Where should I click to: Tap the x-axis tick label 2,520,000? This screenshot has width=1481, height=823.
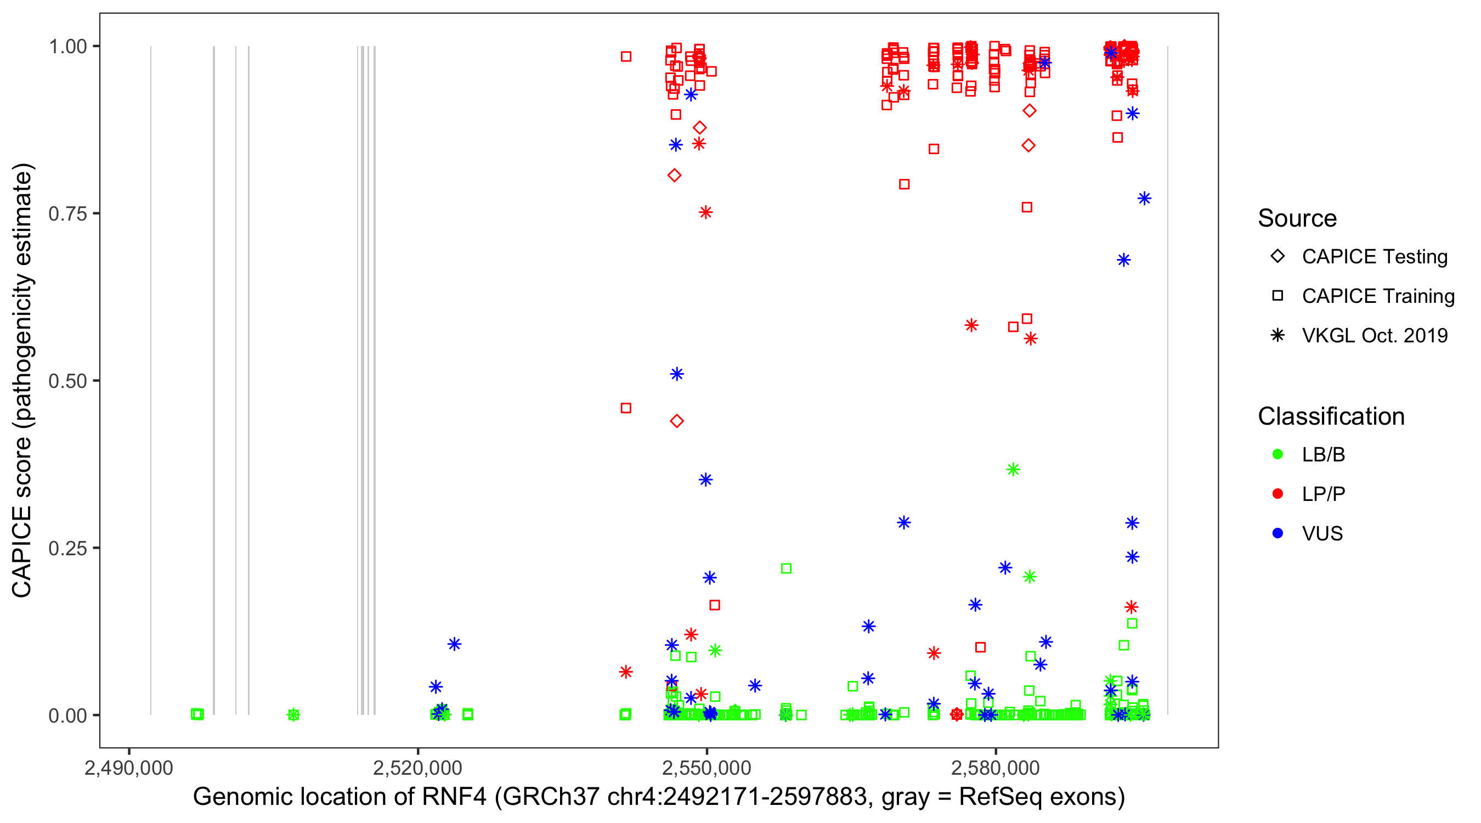pyautogui.click(x=417, y=768)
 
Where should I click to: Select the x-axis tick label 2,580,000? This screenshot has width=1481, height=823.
pyautogui.click(x=995, y=768)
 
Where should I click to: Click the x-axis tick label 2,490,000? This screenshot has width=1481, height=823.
pyautogui.click(x=129, y=768)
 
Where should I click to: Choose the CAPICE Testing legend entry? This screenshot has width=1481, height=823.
pyautogui.click(x=1374, y=257)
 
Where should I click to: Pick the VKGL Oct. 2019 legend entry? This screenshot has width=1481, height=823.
pyautogui.click(x=1374, y=335)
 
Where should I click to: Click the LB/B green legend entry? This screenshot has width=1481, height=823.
pyautogui.click(x=1323, y=454)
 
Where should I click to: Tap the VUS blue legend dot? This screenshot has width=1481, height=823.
pyautogui.click(x=1277, y=533)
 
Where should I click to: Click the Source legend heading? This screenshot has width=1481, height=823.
pyautogui.click(x=1297, y=218)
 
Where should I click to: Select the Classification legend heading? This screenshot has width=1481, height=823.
pyautogui.click(x=1331, y=416)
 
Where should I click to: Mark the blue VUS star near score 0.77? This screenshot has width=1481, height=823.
pyautogui.click(x=1144, y=199)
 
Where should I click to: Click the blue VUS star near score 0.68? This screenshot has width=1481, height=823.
pyautogui.click(x=1123, y=260)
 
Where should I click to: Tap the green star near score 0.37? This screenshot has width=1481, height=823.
pyautogui.click(x=1013, y=469)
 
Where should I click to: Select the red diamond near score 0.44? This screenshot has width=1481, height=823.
pyautogui.click(x=677, y=421)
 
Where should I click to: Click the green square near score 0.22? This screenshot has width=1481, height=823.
pyautogui.click(x=786, y=568)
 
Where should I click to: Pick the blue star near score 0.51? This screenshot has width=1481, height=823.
pyautogui.click(x=677, y=374)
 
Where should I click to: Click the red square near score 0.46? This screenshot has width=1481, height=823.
pyautogui.click(x=626, y=408)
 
